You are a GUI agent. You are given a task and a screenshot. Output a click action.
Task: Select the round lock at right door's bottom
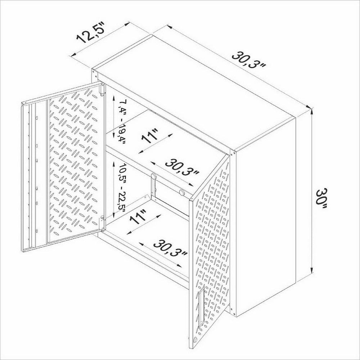[194, 339]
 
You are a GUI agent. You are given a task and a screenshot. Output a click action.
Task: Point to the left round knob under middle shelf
[153, 176]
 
